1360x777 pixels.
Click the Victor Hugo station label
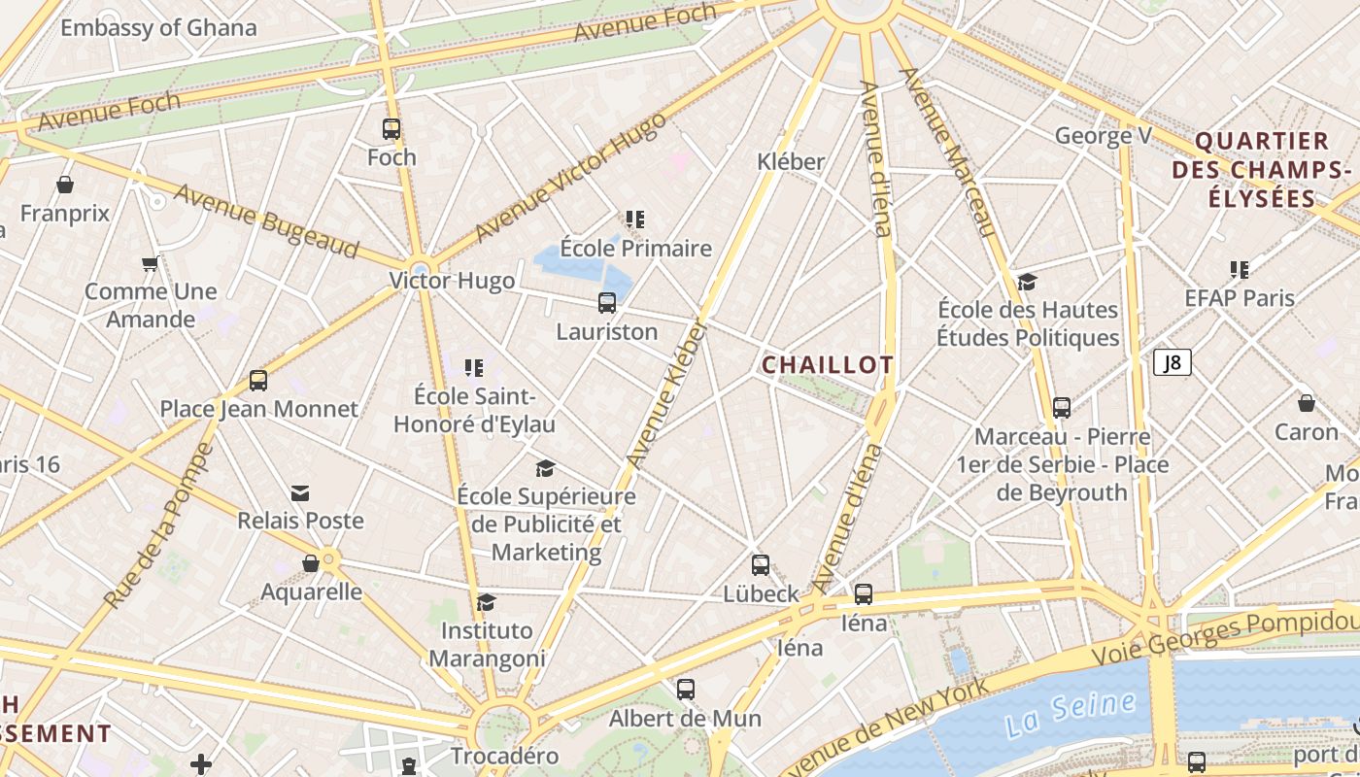point(452,282)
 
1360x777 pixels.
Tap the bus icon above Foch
point(391,128)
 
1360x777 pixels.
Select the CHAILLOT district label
point(827,365)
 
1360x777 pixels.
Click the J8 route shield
point(1173,362)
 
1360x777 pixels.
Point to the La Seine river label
point(1070,713)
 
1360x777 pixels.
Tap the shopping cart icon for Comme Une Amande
point(151,263)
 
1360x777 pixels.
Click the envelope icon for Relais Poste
point(300,493)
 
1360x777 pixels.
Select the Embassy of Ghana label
point(158,27)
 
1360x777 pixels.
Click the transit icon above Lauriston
point(607,303)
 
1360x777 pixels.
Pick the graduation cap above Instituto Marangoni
point(486,603)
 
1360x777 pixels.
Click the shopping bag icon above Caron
point(1307,402)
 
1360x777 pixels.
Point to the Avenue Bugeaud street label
point(266,221)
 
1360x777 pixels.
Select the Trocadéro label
point(504,756)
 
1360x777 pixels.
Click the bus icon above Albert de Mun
point(686,690)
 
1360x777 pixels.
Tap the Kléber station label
point(791,161)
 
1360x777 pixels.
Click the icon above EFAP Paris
point(1239,269)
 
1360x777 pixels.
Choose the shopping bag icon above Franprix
point(65,185)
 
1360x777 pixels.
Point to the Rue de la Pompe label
point(158,527)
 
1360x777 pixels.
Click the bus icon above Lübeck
point(761,564)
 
